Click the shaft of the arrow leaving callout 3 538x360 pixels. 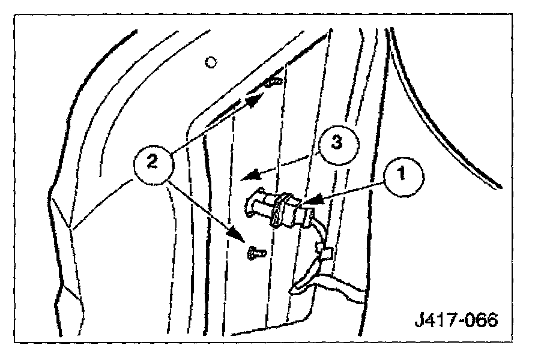pyautogui.click(x=282, y=165)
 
